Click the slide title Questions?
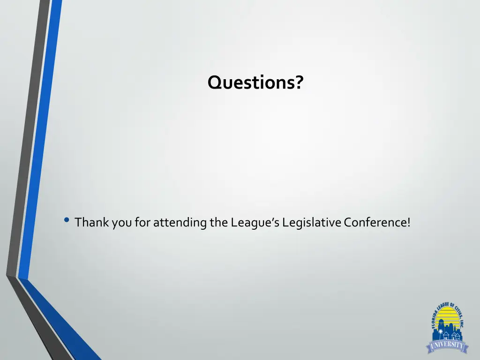255,83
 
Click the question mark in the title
299,83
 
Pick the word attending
180,222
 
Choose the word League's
255,222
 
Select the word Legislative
312,222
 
